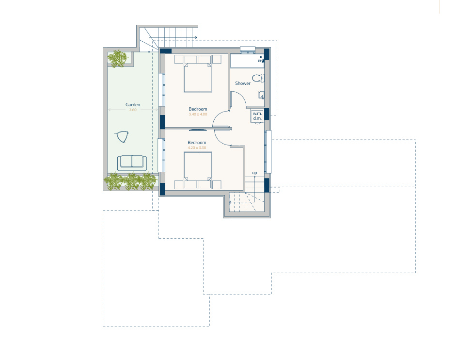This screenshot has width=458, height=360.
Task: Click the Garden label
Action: pyautogui.click(x=133, y=105)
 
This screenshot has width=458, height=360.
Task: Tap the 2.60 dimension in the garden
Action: pyautogui.click(x=133, y=110)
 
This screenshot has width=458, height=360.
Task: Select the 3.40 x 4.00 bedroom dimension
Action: pyautogui.click(x=198, y=115)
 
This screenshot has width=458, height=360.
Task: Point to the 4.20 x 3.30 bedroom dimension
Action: pyautogui.click(x=197, y=147)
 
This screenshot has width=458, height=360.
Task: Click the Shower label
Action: pyautogui.click(x=243, y=83)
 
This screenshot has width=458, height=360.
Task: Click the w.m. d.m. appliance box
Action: pyautogui.click(x=257, y=116)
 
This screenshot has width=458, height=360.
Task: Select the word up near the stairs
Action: pyautogui.click(x=254, y=173)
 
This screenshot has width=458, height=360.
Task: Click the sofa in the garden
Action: pyautogui.click(x=132, y=163)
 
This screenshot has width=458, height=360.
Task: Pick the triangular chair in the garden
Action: pyautogui.click(x=122, y=136)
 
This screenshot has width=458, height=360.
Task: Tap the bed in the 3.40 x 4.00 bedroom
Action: pyautogui.click(x=198, y=78)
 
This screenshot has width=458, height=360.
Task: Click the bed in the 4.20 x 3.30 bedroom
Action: pyautogui.click(x=198, y=166)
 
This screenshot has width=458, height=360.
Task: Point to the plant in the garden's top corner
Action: pyautogui.click(x=118, y=59)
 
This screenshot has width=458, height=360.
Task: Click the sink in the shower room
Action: pyautogui.click(x=261, y=95)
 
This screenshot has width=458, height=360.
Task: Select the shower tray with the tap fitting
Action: pyautogui.click(x=247, y=61)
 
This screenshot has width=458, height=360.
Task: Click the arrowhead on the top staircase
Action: pyautogui.click(x=196, y=37)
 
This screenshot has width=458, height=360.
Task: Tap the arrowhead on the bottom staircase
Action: pyautogui.click(x=230, y=202)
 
